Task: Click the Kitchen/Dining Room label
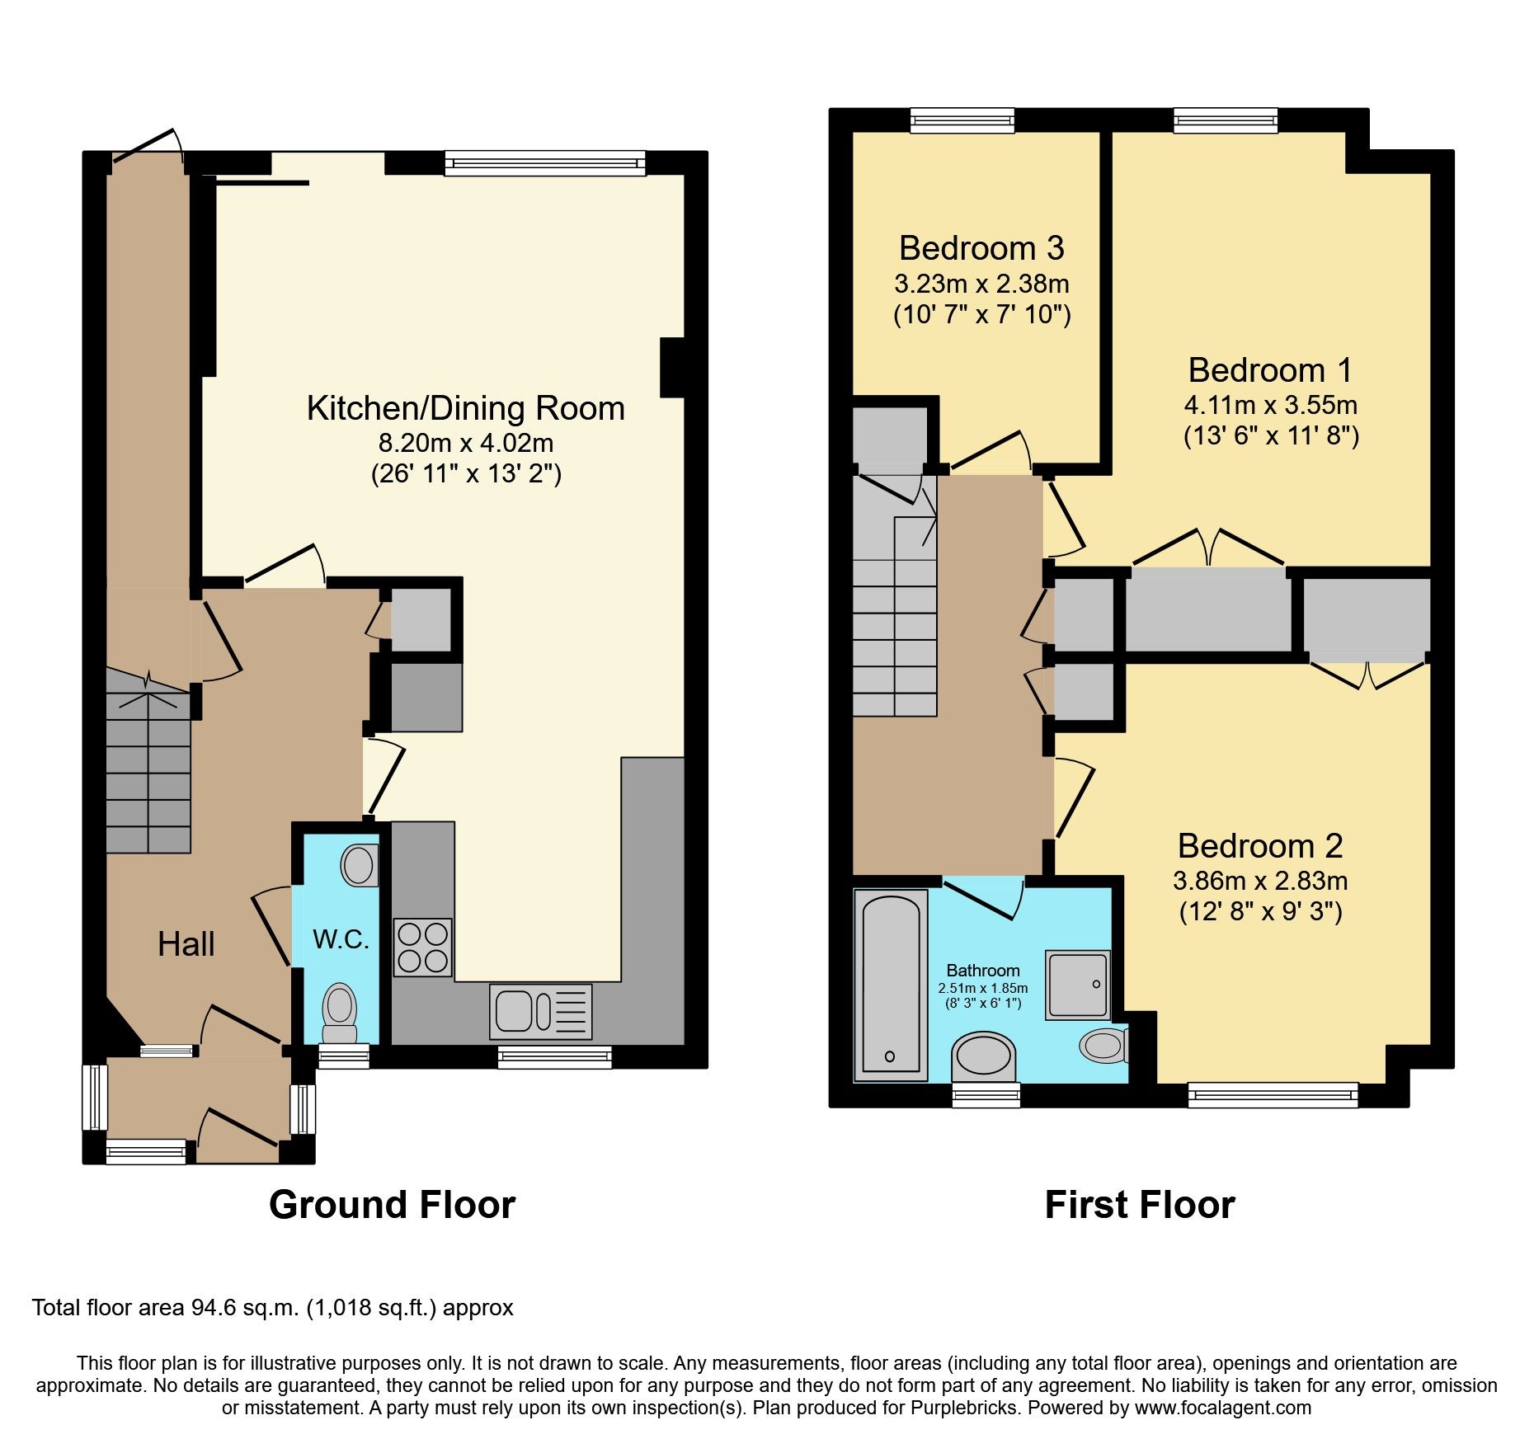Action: pos(465,409)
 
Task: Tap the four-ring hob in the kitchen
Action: pos(422,947)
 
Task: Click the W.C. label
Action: pos(341,938)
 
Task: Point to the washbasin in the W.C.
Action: pos(359,865)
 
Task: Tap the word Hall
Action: pos(186,944)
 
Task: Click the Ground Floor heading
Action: pos(392,1205)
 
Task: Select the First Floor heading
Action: pos(1139,1205)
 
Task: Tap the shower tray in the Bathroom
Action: pos(1077,985)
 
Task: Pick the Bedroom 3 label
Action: pos(981,248)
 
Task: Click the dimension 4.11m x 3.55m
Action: pos(1270,405)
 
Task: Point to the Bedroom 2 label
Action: pos(1260,846)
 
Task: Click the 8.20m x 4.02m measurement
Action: pos(465,444)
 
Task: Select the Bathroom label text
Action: pos(982,971)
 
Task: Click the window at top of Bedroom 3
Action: pos(962,121)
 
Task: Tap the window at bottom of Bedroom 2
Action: pos(1273,1094)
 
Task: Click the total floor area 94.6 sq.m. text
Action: pos(272,1308)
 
